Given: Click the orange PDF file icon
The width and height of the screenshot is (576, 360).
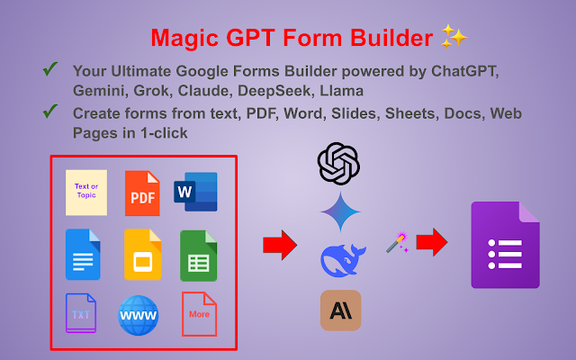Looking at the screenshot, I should pos(141,193).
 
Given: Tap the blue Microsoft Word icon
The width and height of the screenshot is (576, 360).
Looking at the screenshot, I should pos(195,192).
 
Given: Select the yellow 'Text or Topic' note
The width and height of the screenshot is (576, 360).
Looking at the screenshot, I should pos(86,193).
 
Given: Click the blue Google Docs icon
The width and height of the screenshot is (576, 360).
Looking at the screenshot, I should pos(83,254).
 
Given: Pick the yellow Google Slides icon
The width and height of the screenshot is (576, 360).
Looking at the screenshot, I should pos(141,254).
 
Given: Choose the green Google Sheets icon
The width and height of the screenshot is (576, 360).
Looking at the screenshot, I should pos(198,254).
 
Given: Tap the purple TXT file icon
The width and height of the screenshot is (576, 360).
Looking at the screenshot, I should pos(81,313).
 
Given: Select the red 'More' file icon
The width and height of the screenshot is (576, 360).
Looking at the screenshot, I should pos(199,313).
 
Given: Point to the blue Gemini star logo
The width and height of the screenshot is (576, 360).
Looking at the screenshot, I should pos(339,211).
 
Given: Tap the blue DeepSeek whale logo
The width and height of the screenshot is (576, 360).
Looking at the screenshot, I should pos(343,260).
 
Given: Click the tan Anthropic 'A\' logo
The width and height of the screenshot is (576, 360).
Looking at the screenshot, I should pos(340,310).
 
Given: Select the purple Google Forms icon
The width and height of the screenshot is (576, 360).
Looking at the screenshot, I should pos(505,245).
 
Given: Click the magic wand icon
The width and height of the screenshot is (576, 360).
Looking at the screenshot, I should pos(396,241).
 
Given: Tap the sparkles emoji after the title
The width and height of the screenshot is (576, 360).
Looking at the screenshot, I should pos(454,37).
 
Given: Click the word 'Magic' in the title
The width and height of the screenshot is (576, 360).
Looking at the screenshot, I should pos(180,38).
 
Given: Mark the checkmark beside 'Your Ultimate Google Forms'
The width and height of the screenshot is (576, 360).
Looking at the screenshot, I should pos(50,69).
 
